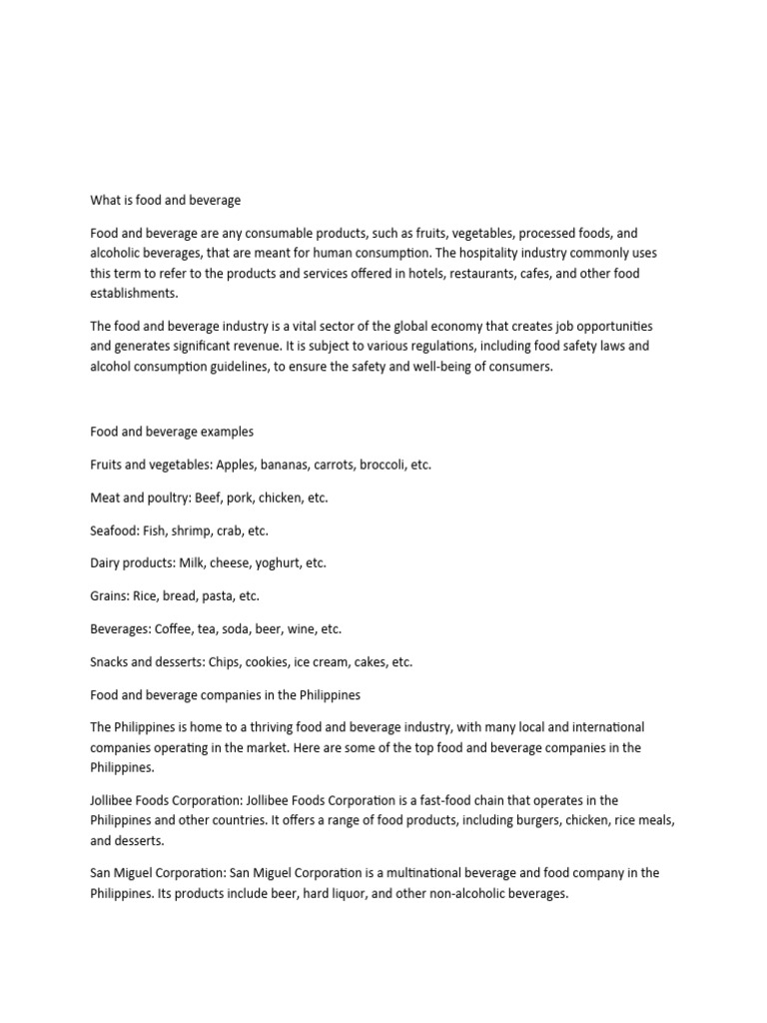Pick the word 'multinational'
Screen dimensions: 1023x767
(441, 873)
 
